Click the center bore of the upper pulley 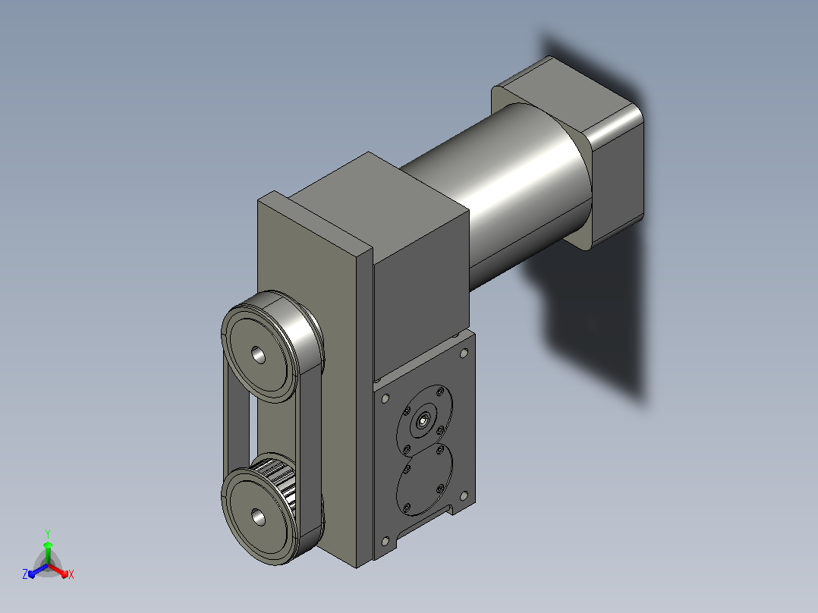[x=258, y=355]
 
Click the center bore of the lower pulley [x=258, y=517]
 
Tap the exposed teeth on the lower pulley [x=277, y=481]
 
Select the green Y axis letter [x=48, y=533]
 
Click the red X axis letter [x=71, y=574]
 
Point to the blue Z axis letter [x=24, y=574]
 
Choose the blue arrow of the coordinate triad [x=38, y=571]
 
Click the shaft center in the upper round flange [x=423, y=419]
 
